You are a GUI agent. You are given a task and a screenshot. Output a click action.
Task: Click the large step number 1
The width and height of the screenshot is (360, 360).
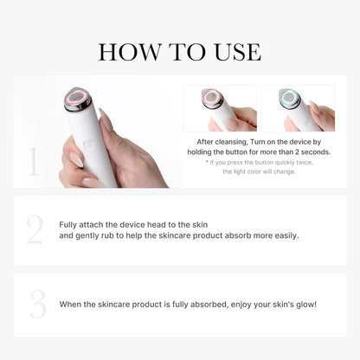click(x=34, y=162)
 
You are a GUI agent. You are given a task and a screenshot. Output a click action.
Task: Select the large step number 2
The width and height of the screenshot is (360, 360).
click(x=34, y=229)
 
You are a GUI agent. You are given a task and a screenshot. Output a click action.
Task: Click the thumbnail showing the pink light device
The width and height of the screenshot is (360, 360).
click(x=220, y=107)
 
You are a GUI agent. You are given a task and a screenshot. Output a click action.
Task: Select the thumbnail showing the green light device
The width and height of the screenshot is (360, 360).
click(x=298, y=107)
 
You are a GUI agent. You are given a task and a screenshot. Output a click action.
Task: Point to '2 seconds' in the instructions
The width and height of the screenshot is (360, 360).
click(x=305, y=151)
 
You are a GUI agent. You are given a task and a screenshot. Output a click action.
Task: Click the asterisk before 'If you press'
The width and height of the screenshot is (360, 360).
click(x=208, y=162)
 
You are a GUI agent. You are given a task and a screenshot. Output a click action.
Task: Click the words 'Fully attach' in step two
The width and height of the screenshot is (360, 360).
click(x=79, y=224)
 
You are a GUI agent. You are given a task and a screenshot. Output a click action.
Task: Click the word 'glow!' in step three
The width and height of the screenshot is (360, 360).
click(x=302, y=304)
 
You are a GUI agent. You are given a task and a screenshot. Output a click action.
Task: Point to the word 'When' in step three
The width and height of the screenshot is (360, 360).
click(x=71, y=304)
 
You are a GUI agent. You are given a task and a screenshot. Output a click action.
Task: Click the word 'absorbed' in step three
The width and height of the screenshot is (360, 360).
click(x=200, y=304)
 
